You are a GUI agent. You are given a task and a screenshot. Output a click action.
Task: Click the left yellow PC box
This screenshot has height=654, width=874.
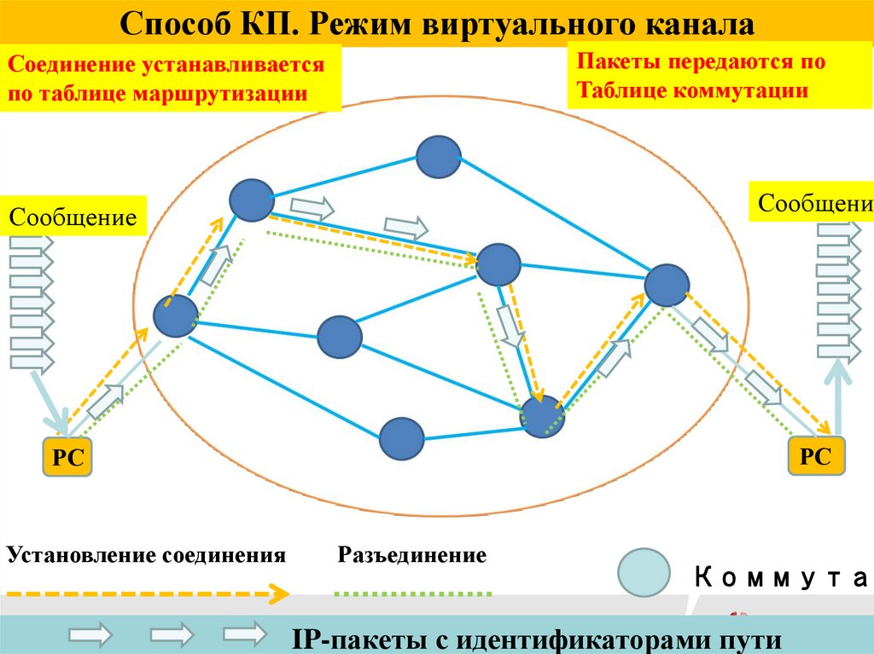point(67,457)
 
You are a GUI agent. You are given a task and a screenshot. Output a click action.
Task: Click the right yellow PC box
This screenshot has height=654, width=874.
point(815,455)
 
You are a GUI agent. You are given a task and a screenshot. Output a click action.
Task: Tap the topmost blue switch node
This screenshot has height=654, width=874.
point(439,155)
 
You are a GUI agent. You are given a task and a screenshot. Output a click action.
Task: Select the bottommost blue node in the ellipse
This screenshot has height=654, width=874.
point(401,438)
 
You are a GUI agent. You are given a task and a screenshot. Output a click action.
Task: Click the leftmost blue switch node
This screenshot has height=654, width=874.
point(176,316)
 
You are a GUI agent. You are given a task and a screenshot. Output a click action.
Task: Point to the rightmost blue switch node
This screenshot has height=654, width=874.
point(667,285)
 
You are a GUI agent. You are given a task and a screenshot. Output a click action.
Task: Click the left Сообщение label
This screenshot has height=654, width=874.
point(73,217)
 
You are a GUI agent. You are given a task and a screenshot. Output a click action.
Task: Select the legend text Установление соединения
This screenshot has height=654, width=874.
point(146,556)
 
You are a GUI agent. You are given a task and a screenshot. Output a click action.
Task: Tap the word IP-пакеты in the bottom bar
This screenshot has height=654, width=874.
point(364,639)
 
